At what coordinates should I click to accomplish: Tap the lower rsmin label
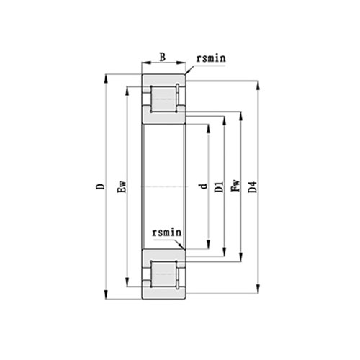tap(166, 233)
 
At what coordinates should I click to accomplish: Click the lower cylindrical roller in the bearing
tap(163, 275)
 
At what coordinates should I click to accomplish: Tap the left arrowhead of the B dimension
tap(144, 66)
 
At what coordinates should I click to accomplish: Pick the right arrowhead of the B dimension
tap(184, 66)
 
